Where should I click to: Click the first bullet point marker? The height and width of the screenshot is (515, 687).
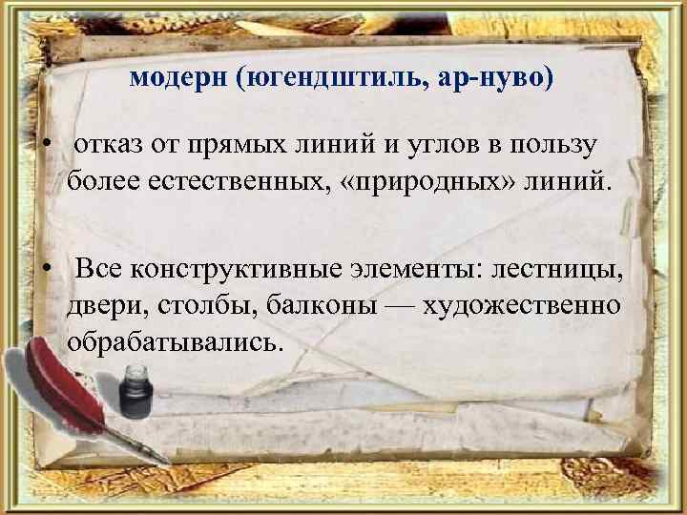[46, 147]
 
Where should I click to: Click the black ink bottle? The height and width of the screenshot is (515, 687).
[137, 391]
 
